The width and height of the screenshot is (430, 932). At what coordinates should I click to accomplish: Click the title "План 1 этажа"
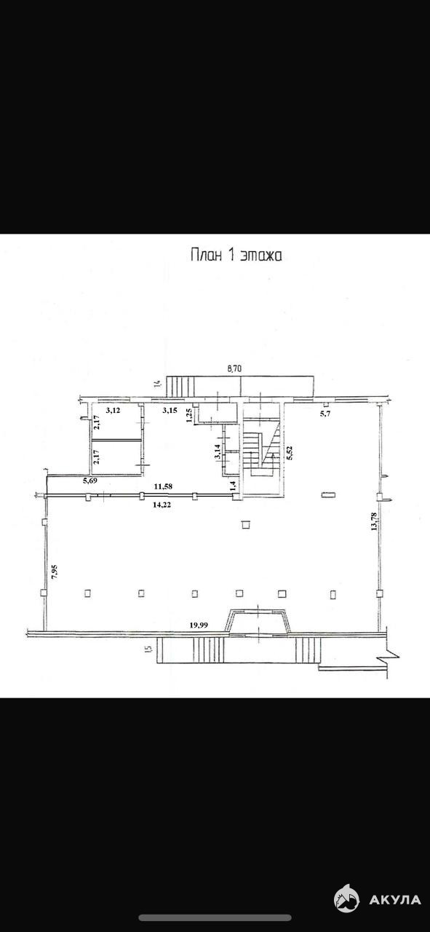(236, 255)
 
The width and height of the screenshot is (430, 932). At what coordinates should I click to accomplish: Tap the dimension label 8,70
(234, 368)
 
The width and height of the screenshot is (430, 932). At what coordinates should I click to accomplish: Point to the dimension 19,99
(199, 625)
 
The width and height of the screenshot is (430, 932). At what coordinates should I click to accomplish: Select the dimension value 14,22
(162, 505)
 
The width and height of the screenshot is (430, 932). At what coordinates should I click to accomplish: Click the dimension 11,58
(163, 486)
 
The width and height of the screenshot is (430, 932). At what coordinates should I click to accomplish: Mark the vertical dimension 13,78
(373, 521)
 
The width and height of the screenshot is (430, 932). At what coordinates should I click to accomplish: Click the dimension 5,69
(91, 481)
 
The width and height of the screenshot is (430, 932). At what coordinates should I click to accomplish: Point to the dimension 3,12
(113, 410)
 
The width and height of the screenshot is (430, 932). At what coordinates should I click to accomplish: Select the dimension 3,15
(170, 410)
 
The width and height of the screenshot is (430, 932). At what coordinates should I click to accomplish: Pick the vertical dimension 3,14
(217, 452)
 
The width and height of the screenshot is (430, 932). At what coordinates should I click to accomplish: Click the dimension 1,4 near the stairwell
(233, 485)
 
